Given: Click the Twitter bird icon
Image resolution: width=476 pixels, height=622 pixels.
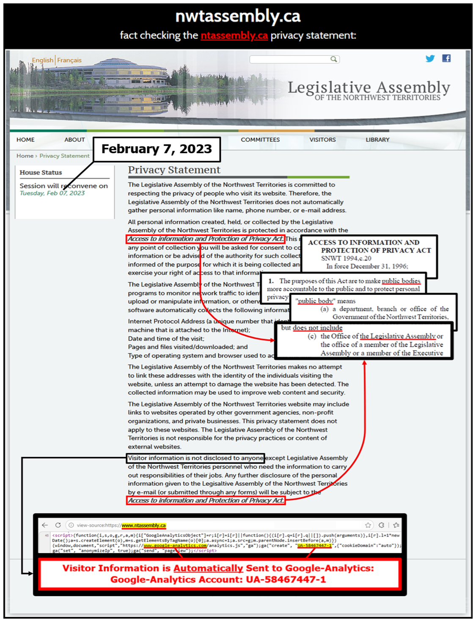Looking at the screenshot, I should pos(430,58).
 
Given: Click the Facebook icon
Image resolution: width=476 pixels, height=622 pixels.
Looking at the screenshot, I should pos(446,58).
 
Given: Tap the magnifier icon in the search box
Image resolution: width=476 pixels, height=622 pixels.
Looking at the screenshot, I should pos(333,59).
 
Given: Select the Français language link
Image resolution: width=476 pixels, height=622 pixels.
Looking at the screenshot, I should pos(69,60).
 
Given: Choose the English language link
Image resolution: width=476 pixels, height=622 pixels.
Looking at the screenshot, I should pos(42,60).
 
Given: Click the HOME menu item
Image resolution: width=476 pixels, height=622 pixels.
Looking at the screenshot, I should pos(25,140).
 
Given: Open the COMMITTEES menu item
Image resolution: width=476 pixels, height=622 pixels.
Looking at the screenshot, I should pos(260,140).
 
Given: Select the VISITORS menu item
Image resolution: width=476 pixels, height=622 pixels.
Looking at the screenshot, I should pos(322,140).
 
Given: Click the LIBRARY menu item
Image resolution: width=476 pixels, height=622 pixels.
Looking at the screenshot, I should pos(377,140).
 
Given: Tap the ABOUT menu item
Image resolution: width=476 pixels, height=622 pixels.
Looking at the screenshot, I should pos(74,140).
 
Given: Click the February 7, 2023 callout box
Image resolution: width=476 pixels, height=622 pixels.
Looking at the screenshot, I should pos(157,149).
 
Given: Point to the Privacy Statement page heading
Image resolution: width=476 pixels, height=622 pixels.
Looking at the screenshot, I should pos(174,170).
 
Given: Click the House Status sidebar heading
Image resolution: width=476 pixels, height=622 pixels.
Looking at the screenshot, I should pos(41,173).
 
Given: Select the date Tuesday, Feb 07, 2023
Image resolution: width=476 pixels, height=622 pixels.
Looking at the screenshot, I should pos(52,193).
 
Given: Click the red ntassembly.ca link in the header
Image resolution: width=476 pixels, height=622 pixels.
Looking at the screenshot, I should pos(234,36).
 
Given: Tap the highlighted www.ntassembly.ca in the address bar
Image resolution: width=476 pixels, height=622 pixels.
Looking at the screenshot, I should pos(144,526).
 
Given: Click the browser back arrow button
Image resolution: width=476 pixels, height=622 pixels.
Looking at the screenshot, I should pos(45,525).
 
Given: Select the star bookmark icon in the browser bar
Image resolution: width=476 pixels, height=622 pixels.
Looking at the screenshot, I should pos(368,525).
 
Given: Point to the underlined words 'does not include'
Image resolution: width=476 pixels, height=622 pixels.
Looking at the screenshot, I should pos(317,328).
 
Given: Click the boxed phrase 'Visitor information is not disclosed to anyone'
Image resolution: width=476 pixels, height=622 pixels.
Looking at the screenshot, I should pos(196,458).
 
